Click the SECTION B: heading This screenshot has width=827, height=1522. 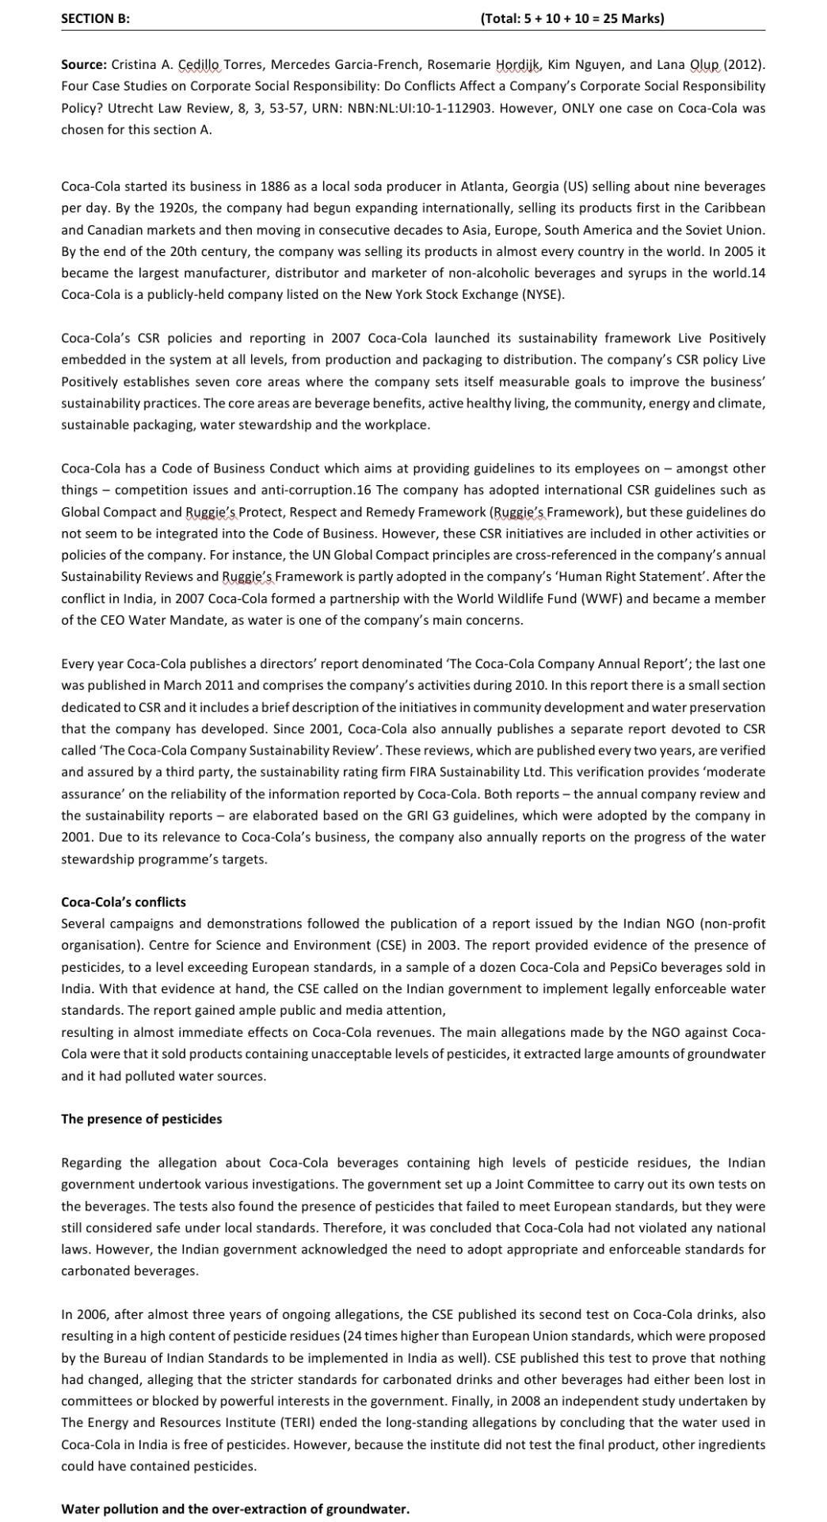pos(95,18)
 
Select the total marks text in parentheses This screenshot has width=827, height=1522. pos(572,18)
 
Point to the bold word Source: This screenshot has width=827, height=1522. pos(83,64)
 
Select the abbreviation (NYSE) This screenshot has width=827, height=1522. pos(543,294)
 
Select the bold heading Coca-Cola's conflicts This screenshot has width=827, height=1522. pos(124,902)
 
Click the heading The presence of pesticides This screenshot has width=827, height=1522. pos(142,1119)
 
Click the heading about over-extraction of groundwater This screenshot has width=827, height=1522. pos(235,1509)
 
